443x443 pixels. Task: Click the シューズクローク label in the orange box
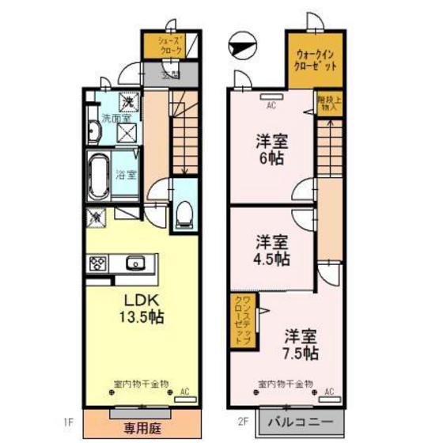coord(171,46)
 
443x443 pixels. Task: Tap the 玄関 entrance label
coord(169,76)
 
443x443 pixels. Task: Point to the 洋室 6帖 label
coord(271,149)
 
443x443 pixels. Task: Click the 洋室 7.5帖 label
coord(301,342)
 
